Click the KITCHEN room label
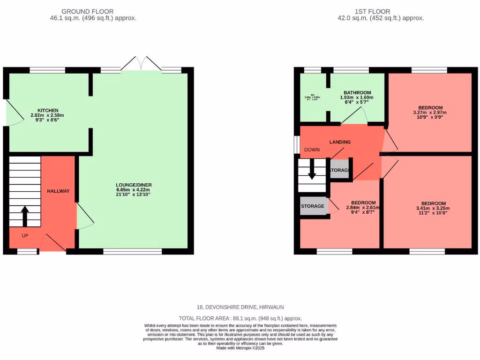[51, 110]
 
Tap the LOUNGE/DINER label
[134, 185]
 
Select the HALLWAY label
[58, 191]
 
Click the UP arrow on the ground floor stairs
[25, 216]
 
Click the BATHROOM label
[357, 93]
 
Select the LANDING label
[340, 142]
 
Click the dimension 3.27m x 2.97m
[429, 112]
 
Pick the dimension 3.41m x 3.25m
[432, 209]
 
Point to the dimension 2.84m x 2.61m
[362, 208]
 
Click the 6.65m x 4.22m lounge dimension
[134, 190]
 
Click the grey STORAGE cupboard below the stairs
[313, 206]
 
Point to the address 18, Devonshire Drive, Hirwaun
[240, 307]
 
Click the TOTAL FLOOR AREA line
[240, 318]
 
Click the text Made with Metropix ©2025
[240, 348]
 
